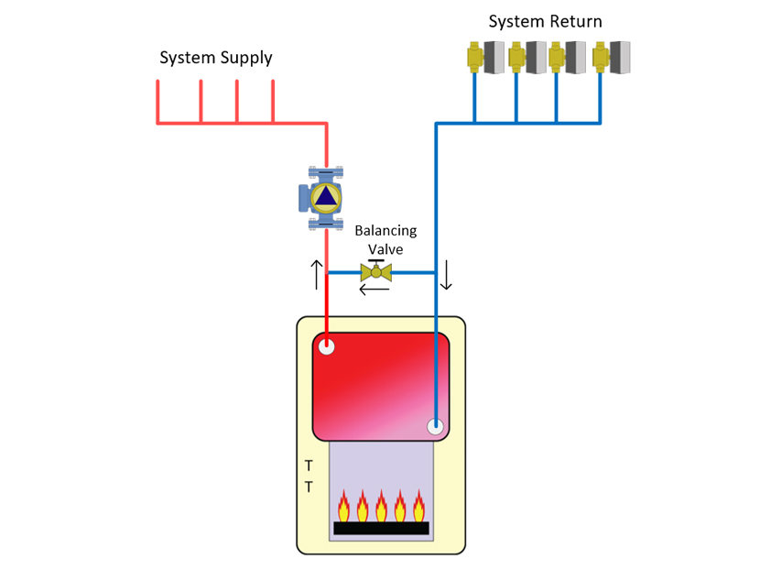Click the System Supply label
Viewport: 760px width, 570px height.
216,58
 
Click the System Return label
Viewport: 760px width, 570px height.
546,21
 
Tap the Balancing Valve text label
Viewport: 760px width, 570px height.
385,239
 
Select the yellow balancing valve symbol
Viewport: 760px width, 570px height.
376,271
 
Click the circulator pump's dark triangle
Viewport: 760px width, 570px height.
326,196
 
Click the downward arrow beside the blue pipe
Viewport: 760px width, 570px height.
446,275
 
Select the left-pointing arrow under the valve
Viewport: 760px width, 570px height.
374,290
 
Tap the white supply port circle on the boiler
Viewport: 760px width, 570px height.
326,346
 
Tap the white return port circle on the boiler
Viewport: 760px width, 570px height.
435,427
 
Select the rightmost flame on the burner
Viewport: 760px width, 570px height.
418,506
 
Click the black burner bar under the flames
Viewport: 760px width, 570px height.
381,528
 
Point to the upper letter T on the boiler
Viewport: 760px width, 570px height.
308,467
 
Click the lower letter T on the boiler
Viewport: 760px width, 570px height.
308,488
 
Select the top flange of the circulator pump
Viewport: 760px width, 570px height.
326,172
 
